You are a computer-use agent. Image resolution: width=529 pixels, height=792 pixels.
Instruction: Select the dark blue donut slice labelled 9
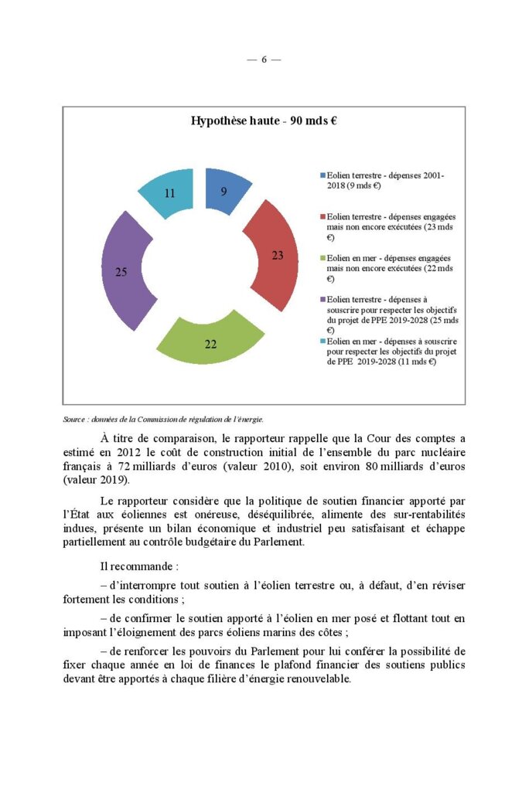click(225, 189)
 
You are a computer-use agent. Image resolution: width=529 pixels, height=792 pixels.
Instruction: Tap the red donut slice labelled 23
click(275, 255)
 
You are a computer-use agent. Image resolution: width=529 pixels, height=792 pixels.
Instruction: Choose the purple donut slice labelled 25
click(123, 270)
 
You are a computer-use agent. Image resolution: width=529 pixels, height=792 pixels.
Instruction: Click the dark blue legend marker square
click(323, 176)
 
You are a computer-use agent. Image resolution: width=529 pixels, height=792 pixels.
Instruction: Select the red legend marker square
click(323, 218)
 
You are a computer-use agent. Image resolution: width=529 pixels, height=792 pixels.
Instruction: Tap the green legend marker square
click(323, 258)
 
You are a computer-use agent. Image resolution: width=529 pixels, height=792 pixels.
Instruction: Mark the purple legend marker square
click(323, 299)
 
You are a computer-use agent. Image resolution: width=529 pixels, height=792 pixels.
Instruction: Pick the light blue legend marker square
click(323, 340)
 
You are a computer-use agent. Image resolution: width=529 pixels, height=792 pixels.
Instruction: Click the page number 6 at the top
click(264, 60)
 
